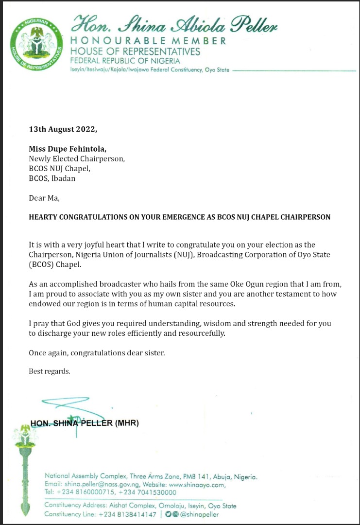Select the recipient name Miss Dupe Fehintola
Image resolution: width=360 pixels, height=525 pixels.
64,149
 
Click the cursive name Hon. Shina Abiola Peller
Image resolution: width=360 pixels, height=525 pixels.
175,23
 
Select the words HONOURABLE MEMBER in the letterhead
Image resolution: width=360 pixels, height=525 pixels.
148,41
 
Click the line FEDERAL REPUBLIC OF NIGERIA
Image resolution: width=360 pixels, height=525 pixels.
125,61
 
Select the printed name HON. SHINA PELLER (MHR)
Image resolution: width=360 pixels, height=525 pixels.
85,423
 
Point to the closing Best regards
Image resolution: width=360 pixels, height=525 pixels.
50,371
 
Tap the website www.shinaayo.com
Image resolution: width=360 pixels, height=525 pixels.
197,485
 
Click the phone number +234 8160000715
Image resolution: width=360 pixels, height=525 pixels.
83,492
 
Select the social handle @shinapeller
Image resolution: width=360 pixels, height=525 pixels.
200,514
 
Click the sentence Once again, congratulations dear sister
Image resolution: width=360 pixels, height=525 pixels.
97,352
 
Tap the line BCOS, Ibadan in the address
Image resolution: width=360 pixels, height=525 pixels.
52,178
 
